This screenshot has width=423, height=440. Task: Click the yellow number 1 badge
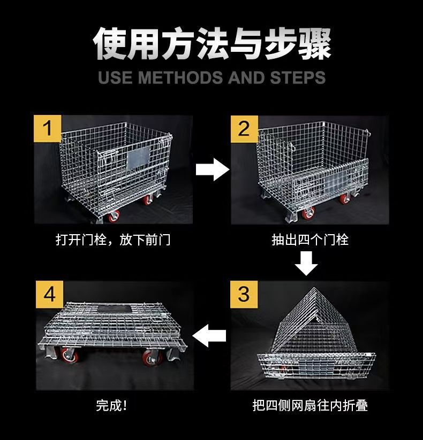click(x=48, y=128)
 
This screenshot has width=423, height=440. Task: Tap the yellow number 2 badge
click(x=244, y=129)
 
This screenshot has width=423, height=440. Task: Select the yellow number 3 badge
click(x=244, y=295)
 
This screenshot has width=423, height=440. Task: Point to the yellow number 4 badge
click(x=49, y=295)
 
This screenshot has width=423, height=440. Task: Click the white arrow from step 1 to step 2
click(x=213, y=169)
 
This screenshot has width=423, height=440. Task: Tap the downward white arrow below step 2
click(x=306, y=263)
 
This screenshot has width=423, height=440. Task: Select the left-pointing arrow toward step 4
click(x=209, y=336)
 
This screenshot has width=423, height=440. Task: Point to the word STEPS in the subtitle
click(x=298, y=78)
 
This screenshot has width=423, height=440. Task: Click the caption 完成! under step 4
click(x=111, y=405)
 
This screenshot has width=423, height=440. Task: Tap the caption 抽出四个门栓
click(x=310, y=240)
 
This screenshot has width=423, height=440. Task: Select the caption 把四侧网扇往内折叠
click(x=310, y=405)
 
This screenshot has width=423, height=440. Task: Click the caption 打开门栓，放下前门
click(x=113, y=240)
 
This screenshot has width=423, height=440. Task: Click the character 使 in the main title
click(x=110, y=43)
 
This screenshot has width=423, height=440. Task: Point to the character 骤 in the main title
click(x=314, y=43)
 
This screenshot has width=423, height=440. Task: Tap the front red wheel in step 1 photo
click(x=114, y=216)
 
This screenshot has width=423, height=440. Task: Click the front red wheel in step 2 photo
click(x=308, y=214)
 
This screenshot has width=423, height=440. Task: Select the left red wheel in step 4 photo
click(x=69, y=355)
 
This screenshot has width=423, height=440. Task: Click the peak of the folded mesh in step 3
click(x=314, y=288)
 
